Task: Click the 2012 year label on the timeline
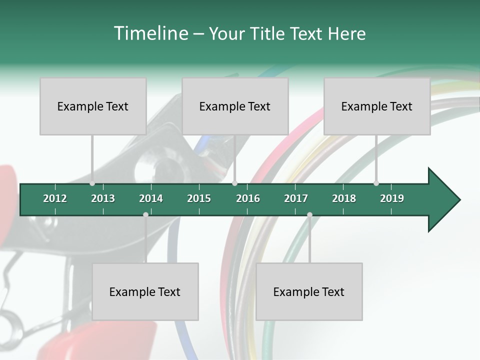(x=55, y=198)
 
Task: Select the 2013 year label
(x=103, y=198)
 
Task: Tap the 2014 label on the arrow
(x=151, y=198)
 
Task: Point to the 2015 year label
(x=199, y=198)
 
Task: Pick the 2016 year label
(x=248, y=198)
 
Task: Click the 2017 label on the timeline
(x=296, y=198)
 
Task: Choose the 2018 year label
(x=344, y=198)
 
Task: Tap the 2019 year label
(x=392, y=198)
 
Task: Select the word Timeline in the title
(x=150, y=33)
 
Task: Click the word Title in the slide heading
(x=268, y=33)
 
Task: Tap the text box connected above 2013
(x=93, y=106)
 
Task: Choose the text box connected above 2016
(x=235, y=106)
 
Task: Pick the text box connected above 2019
(x=377, y=106)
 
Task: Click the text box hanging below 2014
(x=145, y=291)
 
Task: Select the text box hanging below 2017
(x=309, y=291)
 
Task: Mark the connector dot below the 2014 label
(x=145, y=214)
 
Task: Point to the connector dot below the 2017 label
(x=309, y=214)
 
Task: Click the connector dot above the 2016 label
(x=235, y=183)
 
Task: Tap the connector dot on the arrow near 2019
(x=376, y=183)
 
